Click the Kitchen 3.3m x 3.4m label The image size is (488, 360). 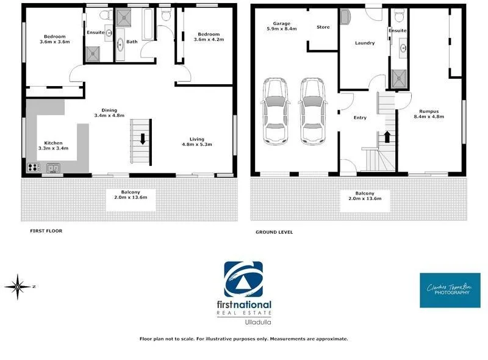49,145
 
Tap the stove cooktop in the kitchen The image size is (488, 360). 32,167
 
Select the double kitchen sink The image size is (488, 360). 54,167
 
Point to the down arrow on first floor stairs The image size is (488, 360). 142,138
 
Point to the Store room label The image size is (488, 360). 323,27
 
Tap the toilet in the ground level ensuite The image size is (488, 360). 398,15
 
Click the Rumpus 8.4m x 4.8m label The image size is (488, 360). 425,114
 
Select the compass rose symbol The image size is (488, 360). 19,285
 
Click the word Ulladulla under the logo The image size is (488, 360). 248,322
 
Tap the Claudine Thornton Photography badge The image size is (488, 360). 450,290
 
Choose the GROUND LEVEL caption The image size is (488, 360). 274,232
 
